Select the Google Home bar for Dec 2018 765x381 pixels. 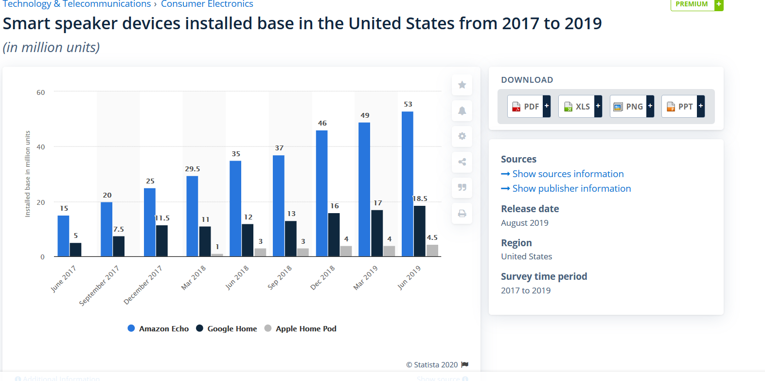[334, 235]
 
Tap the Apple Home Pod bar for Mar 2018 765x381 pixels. [217, 254]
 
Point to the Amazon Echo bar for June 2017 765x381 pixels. [63, 236]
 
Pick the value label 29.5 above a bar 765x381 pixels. [193, 169]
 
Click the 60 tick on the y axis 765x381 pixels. [41, 92]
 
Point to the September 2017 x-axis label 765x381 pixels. [99, 286]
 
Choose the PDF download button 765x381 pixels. [529, 106]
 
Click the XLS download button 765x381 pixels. [580, 106]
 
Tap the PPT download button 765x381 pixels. [683, 106]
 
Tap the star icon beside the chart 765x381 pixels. [462, 85]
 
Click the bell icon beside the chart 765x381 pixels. [462, 111]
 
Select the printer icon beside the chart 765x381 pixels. [462, 213]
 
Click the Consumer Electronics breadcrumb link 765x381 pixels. [207, 4]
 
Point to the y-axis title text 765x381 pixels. [28, 174]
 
